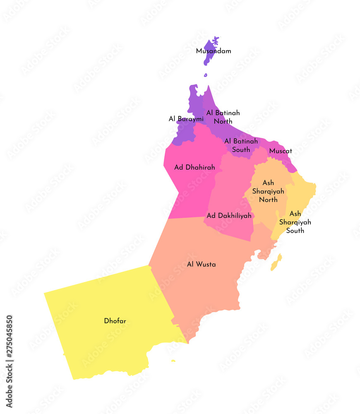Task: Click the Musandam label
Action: [214, 51]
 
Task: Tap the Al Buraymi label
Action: [186, 119]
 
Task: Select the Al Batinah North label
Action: [223, 117]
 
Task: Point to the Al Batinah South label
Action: [241, 145]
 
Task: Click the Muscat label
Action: [281, 151]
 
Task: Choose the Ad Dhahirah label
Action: [194, 168]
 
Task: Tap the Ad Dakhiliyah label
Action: [229, 216]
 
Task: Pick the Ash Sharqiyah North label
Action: [268, 191]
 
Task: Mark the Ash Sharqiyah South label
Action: [295, 222]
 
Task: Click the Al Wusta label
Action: [201, 264]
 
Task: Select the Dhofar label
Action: [115, 321]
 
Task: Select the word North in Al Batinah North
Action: [223, 121]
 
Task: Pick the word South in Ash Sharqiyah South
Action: [295, 231]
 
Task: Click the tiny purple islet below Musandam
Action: [205, 75]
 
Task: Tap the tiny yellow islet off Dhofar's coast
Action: [173, 361]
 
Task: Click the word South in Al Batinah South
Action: [241, 149]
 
